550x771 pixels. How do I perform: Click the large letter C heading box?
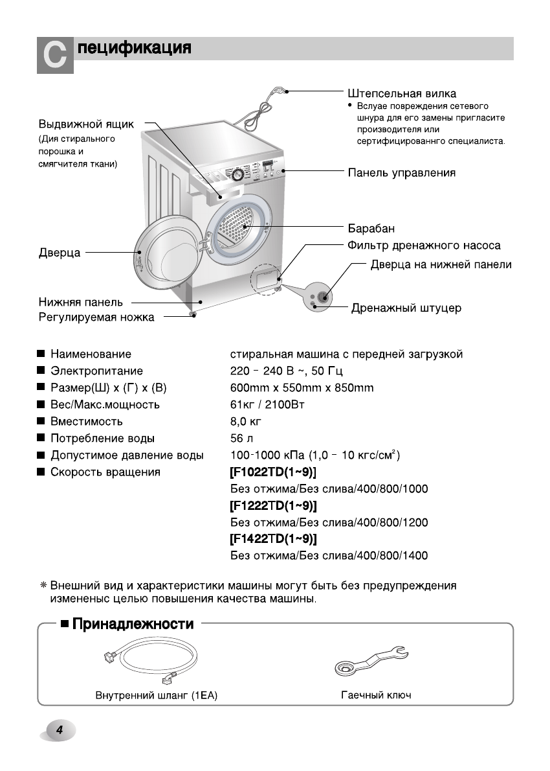coord(54,56)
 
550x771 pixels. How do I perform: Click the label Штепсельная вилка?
coord(401,93)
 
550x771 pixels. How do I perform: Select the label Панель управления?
coord(401,173)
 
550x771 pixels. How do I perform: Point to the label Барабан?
coord(371,229)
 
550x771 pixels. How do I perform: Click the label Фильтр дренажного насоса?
coord(424,246)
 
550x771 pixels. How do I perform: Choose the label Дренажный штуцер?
coord(406,308)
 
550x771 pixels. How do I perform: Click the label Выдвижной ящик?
coord(86,124)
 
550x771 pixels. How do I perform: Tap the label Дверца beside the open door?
coord(60,253)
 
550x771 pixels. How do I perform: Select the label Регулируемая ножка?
coord(96,317)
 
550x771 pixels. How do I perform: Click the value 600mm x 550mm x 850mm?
coord(302,388)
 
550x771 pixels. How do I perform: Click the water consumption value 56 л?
coord(240,439)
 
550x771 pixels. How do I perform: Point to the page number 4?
coord(59,730)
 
